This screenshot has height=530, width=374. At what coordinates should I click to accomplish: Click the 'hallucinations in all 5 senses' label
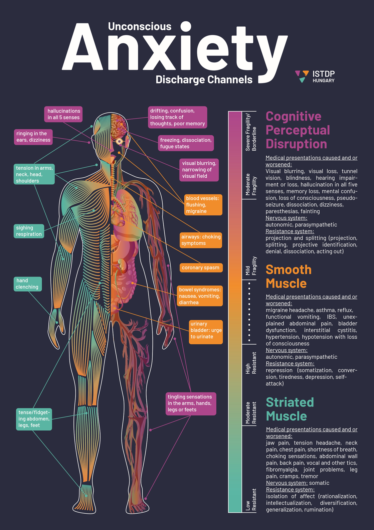(x=63, y=114)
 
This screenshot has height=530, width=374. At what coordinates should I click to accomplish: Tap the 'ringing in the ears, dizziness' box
(x=33, y=137)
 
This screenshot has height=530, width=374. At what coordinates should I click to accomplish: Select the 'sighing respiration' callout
(x=29, y=231)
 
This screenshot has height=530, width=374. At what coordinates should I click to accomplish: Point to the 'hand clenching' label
(x=28, y=284)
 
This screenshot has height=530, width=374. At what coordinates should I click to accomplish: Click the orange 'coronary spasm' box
(x=201, y=268)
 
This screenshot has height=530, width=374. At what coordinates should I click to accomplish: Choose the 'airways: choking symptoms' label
(x=201, y=240)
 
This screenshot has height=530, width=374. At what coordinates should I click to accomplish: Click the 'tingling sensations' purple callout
(x=191, y=404)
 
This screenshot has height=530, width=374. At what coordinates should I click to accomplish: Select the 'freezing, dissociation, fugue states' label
(x=186, y=143)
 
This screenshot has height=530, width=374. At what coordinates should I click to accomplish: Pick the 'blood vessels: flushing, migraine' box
(x=203, y=205)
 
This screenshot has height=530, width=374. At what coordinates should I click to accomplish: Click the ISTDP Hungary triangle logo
(x=302, y=76)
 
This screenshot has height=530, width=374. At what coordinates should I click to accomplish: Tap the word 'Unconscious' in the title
(x=140, y=26)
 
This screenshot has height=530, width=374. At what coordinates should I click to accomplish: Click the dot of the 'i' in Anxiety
(x=186, y=26)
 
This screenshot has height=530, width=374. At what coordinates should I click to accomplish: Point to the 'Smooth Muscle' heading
(x=289, y=277)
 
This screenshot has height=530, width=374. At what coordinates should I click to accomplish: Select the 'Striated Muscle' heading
(x=290, y=409)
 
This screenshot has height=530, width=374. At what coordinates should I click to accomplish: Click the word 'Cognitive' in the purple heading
(x=293, y=116)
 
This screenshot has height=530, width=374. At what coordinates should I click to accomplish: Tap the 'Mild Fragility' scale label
(x=251, y=266)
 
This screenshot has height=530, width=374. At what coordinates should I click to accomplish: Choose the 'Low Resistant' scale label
(x=251, y=499)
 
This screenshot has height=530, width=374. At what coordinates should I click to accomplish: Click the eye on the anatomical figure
(x=120, y=142)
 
